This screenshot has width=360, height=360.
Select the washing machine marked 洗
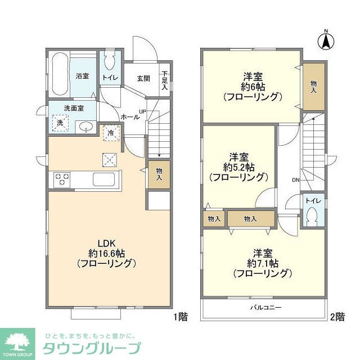point(58,122)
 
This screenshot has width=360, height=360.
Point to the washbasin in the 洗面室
point(85,126)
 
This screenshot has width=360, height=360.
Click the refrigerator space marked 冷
point(111,134)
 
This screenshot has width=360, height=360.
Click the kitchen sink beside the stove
point(104,181)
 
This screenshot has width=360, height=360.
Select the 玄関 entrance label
point(143,79)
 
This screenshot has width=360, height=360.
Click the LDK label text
point(107,243)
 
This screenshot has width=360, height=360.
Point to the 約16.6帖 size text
point(107,253)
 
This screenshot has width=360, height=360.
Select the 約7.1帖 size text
point(262,263)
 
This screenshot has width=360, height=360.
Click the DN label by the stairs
point(295,180)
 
